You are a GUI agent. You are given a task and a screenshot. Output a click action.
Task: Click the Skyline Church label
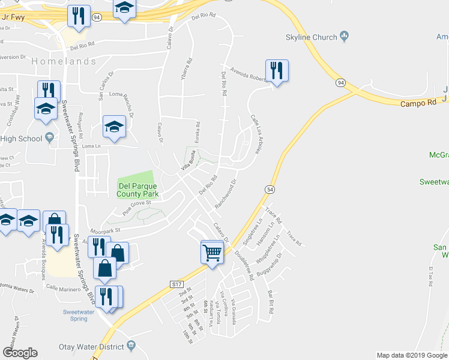coord(312,37)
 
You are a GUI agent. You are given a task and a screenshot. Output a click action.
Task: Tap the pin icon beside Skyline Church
coord(345,36)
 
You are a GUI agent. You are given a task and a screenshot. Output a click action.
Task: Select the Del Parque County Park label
coord(138,190)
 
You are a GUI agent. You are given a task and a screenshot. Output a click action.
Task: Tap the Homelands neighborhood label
coord(64,61)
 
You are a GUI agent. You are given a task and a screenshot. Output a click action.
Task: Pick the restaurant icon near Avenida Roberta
coord(277,70)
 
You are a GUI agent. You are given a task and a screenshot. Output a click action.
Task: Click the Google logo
coord(20,352)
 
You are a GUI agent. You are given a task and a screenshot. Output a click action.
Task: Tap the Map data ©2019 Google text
coord(411,355)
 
